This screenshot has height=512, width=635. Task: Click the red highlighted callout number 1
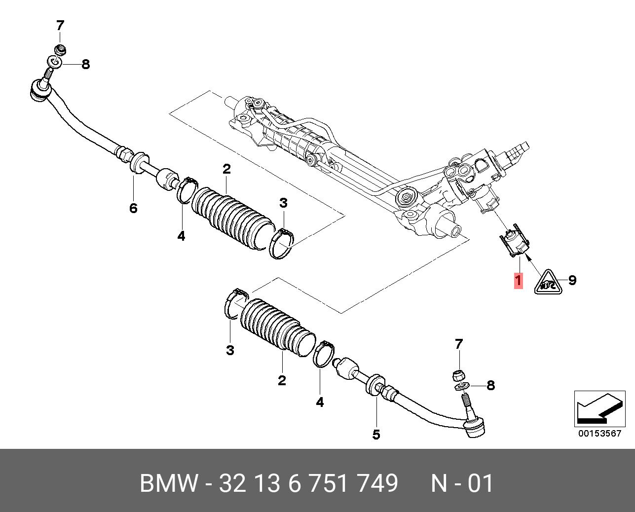[x=518, y=281]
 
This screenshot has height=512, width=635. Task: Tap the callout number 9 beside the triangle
[x=572, y=280]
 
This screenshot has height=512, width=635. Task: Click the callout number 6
[x=133, y=208]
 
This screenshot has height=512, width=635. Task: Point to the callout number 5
[x=376, y=435]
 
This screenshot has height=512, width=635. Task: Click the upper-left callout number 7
[x=60, y=25]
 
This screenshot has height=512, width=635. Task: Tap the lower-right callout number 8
[x=490, y=385]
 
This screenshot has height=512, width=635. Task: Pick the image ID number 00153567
[x=599, y=434]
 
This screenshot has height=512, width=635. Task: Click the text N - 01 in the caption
[x=462, y=483]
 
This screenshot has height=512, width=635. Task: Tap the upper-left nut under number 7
[x=60, y=50]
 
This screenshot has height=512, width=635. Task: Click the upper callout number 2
[x=226, y=169]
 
